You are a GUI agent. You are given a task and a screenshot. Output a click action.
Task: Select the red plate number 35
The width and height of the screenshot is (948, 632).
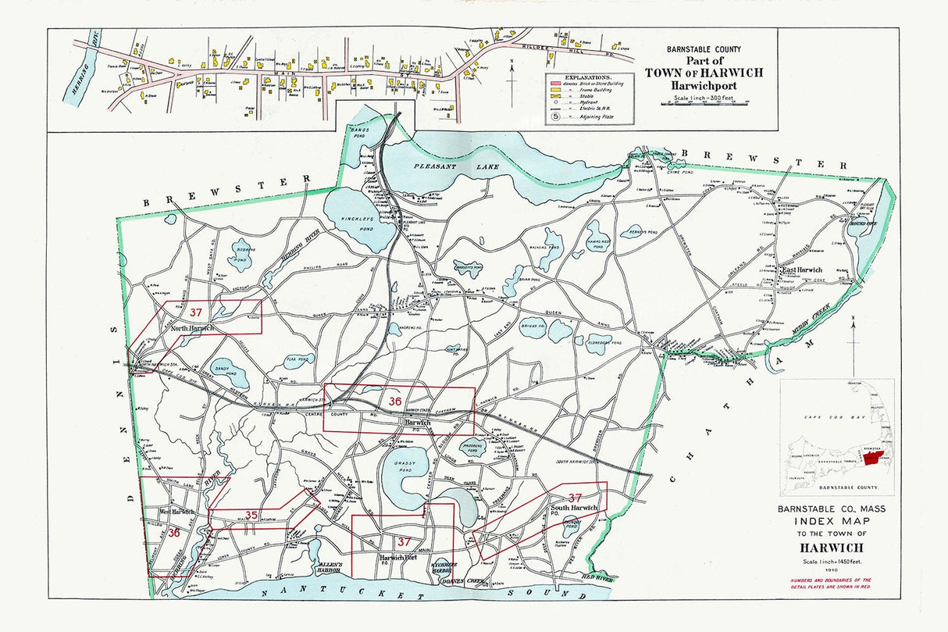[251, 515]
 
